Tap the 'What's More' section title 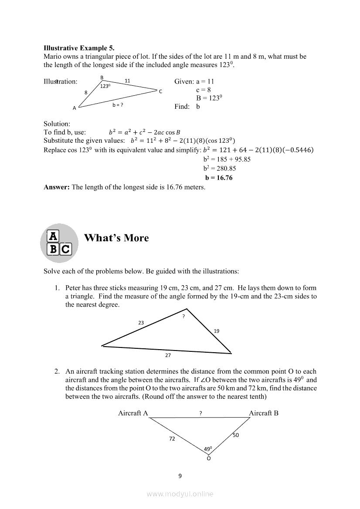pyautogui.click(x=116, y=238)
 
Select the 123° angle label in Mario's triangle pyautogui.click(x=105, y=86)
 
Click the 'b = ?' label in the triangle pyautogui.click(x=118, y=105)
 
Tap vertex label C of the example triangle pyautogui.click(x=160, y=91)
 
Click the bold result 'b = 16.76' pyautogui.click(x=219, y=178)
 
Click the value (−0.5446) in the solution pyautogui.click(x=299, y=150)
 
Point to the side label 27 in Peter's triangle pyautogui.click(x=168, y=355)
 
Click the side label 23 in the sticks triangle pyautogui.click(x=141, y=323)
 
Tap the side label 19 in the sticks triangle pyautogui.click(x=217, y=331)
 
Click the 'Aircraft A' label pyautogui.click(x=133, y=413)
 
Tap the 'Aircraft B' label pyautogui.click(x=264, y=413)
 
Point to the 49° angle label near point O pyautogui.click(x=208, y=449)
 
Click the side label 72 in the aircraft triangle pyautogui.click(x=172, y=438)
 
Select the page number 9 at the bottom pyautogui.click(x=180, y=476)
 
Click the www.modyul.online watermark pyautogui.click(x=180, y=494)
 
